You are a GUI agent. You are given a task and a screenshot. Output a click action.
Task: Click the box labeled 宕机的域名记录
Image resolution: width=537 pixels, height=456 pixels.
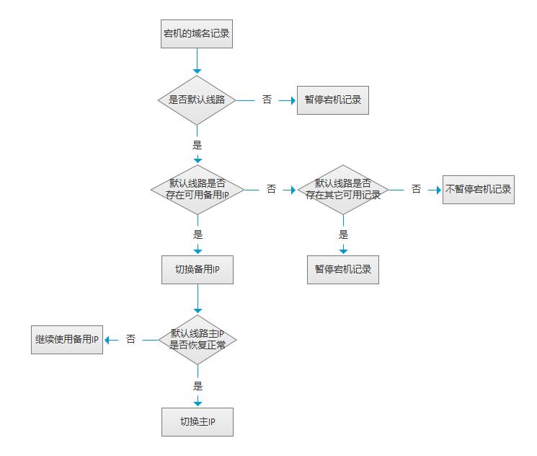click(197, 33)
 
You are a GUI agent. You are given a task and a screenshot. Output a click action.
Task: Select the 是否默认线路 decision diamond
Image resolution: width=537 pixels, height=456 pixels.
click(197, 100)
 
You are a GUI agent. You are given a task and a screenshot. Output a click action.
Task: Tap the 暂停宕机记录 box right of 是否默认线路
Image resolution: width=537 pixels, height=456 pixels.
click(332, 100)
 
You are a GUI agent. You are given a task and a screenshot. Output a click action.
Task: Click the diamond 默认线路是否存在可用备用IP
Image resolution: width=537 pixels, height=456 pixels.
click(197, 189)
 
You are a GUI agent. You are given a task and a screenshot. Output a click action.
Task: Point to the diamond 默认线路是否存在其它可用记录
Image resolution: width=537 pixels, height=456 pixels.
click(343, 189)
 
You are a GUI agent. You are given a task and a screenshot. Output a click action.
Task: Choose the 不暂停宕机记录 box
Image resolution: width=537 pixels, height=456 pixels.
click(478, 189)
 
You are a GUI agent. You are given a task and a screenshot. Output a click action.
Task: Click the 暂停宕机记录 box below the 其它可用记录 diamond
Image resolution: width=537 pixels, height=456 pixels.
click(342, 269)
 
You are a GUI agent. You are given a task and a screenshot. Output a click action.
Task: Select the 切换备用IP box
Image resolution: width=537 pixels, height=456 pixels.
click(197, 269)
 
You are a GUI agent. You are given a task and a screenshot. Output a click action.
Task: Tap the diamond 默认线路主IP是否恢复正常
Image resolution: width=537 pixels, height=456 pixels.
click(197, 339)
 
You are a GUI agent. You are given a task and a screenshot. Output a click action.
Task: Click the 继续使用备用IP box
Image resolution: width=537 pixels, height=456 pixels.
click(67, 339)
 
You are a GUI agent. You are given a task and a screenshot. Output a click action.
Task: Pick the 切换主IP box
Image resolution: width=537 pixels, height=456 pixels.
click(197, 421)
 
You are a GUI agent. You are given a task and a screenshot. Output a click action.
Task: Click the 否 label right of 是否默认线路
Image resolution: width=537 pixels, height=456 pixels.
click(267, 100)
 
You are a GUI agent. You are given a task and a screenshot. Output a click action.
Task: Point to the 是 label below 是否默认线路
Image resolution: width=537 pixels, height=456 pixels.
click(197, 144)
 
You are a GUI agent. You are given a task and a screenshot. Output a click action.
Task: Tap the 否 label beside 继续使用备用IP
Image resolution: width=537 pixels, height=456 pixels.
click(130, 339)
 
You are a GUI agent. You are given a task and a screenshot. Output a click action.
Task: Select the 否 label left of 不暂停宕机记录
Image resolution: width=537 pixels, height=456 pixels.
click(416, 189)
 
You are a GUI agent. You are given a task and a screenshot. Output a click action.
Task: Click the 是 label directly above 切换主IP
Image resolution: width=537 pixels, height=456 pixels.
click(198, 386)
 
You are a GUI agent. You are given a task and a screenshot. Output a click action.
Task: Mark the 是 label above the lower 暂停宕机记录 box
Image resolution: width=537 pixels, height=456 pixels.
click(343, 234)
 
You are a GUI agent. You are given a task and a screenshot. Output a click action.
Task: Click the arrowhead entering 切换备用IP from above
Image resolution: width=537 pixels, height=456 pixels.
click(198, 251)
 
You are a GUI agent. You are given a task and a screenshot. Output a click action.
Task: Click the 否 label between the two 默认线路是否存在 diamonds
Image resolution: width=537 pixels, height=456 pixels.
click(271, 189)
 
